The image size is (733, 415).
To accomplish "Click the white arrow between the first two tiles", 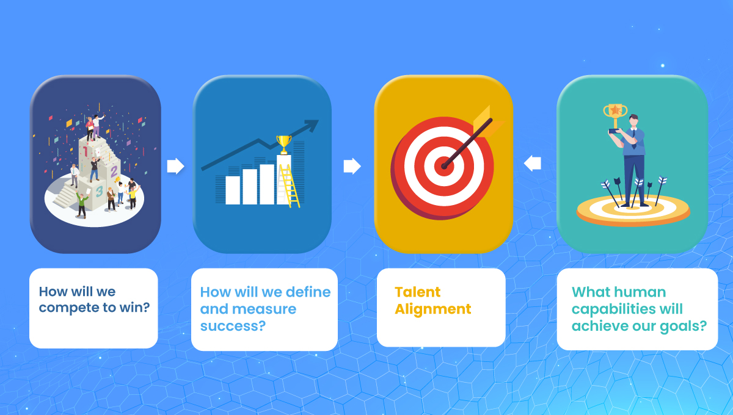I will [x=175, y=166].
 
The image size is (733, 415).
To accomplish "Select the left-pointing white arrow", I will [x=533, y=164].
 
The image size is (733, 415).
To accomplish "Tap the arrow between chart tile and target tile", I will [x=352, y=166].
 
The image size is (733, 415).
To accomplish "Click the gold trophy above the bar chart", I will [x=283, y=144].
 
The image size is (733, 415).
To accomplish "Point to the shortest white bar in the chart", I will [x=233, y=190].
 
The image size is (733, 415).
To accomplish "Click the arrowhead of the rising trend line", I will [x=312, y=125].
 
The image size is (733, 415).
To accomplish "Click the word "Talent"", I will [x=418, y=292].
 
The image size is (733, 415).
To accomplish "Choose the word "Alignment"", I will [x=433, y=309].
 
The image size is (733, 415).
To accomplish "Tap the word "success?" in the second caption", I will [x=233, y=326].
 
